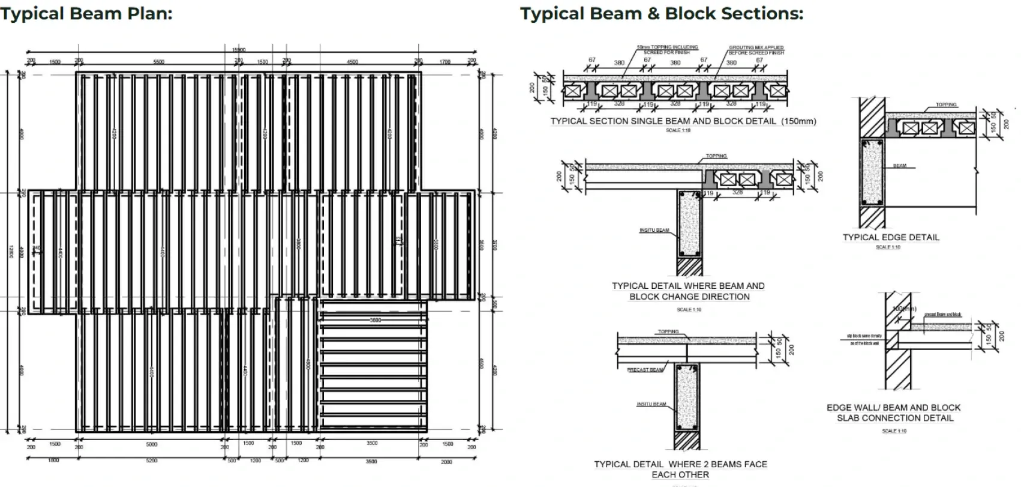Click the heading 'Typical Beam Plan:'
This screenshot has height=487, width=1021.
(x=86, y=13)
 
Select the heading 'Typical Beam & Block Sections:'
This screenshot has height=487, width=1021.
(x=661, y=13)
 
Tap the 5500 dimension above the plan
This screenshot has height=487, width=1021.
(x=159, y=62)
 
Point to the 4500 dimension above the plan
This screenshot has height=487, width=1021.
(x=353, y=62)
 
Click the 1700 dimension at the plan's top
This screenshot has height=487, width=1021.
(x=445, y=62)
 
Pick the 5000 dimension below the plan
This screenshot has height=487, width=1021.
(x=151, y=444)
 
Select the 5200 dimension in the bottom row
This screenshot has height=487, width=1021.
(x=151, y=461)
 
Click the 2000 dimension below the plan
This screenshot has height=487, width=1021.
(x=446, y=461)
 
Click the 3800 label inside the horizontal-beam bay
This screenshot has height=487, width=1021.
(x=375, y=320)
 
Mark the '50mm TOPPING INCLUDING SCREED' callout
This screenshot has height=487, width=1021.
(x=667, y=49)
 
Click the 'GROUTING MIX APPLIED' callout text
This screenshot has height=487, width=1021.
(x=756, y=50)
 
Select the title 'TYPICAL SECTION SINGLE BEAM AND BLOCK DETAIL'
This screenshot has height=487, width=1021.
(x=683, y=121)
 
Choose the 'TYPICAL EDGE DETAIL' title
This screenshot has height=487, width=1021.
(x=891, y=237)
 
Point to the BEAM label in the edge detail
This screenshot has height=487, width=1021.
(x=899, y=166)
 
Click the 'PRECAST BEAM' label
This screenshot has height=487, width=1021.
(x=645, y=370)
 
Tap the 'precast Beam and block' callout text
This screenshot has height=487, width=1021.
(x=942, y=315)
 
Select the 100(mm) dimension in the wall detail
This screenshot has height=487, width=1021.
(x=904, y=309)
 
